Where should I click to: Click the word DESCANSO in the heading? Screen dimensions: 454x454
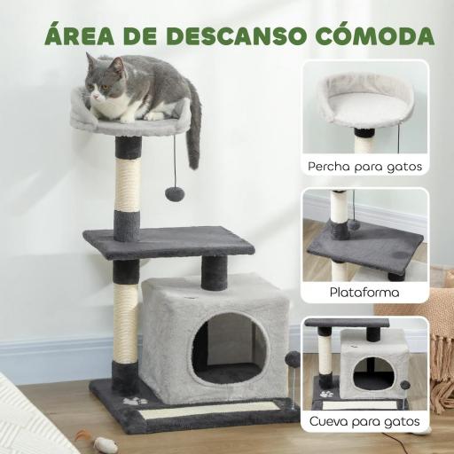[x=233, y=35]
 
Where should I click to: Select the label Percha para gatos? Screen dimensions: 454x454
[x=364, y=166]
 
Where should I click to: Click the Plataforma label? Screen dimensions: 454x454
[x=364, y=292]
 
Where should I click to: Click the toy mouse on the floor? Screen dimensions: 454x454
[x=105, y=444]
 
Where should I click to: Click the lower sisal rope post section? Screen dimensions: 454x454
[x=126, y=323]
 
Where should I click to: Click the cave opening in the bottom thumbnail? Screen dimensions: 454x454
[x=373, y=372]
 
